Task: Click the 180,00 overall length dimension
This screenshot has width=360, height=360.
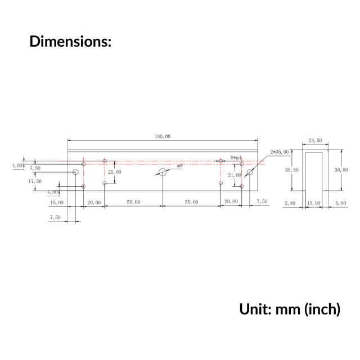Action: pyautogui.click(x=163, y=136)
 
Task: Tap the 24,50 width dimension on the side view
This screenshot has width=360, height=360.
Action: pyautogui.click(x=315, y=141)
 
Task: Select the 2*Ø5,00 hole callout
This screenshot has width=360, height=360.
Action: pyautogui.click(x=280, y=152)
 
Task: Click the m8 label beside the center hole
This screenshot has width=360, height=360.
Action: pyautogui.click(x=179, y=166)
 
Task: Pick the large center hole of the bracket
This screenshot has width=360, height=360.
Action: pyautogui.click(x=163, y=172)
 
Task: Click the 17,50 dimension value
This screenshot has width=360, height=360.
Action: pyautogui.click(x=35, y=181)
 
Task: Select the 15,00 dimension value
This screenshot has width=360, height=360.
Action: pyautogui.click(x=57, y=202)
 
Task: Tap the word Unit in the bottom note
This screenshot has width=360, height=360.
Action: pyautogui.click(x=256, y=309)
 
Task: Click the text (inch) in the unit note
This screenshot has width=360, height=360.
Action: pyautogui.click(x=322, y=309)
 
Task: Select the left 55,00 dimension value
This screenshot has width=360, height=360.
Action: pyautogui.click(x=133, y=202)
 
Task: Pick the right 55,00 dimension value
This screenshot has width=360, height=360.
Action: pyautogui.click(x=191, y=202)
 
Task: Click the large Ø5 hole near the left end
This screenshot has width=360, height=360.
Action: pyautogui.click(x=75, y=172)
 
